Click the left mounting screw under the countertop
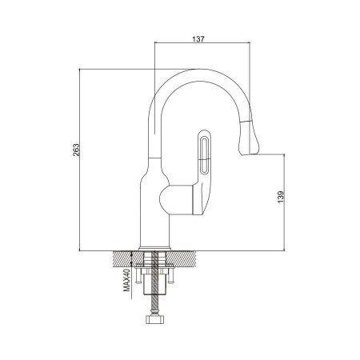pos(139,280)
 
